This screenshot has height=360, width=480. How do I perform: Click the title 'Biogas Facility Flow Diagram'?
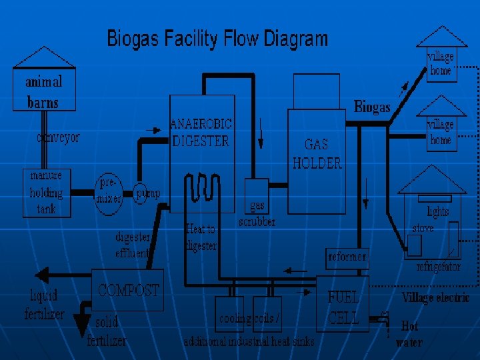217,39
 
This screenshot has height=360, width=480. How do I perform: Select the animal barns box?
43,91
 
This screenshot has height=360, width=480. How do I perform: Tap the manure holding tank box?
46,193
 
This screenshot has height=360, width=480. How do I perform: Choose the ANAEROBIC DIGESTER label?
202,132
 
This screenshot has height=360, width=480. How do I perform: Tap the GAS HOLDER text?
317,153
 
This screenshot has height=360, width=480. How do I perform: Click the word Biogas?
372,107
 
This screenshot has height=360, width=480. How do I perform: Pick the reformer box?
347,257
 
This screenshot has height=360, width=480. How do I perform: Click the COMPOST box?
129,290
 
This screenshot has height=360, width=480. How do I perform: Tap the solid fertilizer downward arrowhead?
81,327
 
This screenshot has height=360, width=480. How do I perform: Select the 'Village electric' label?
435,297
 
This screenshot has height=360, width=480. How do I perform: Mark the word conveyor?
58,138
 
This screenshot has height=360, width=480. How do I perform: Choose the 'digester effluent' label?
133,245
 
